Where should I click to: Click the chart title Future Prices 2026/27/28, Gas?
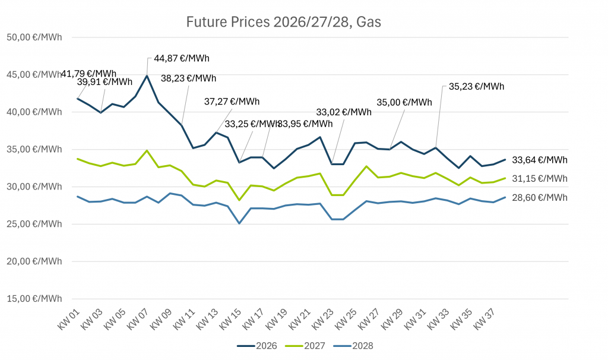(283, 23)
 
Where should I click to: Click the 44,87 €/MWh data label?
(182, 58)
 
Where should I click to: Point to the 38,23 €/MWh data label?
(189, 78)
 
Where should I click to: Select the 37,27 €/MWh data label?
(232, 102)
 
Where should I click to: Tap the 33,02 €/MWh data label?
(343, 112)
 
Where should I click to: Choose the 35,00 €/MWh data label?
(404, 102)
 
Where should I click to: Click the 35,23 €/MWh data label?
(476, 86)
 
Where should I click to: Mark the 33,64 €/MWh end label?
(539, 160)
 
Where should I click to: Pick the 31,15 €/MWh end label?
(539, 178)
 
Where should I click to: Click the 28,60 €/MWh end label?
(539, 197)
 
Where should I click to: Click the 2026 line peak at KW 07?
(147, 76)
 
